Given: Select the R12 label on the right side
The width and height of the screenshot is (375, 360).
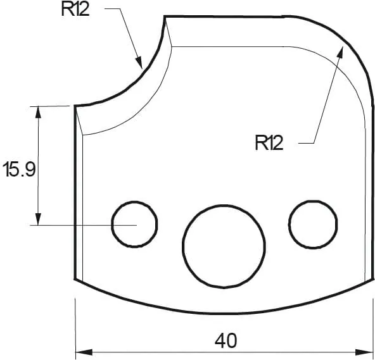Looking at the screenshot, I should [x=269, y=143].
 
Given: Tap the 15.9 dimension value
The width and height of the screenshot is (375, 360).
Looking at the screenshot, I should [x=20, y=170].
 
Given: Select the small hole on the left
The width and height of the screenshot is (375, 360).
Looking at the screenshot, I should [x=134, y=224].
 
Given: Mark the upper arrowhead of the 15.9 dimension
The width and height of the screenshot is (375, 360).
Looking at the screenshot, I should [x=39, y=110].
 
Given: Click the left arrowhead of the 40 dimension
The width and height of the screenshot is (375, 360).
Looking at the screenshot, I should [x=80, y=352].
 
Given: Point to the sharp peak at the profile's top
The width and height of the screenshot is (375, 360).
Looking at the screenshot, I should [x=166, y=16].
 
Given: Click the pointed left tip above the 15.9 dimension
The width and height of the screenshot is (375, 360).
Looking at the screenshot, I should [x=75, y=106].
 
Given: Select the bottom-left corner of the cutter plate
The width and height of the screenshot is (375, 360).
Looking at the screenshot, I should [x=76, y=279].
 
